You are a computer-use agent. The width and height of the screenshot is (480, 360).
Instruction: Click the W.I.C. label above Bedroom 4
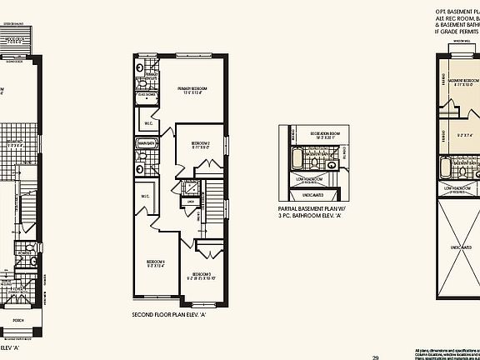[x=145, y=197]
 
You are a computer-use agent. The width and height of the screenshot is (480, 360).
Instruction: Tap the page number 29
[x=376, y=357]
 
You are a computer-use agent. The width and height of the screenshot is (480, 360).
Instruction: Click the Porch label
[x=17, y=319]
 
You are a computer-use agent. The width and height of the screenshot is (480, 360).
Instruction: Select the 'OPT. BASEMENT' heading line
[x=457, y=14]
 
